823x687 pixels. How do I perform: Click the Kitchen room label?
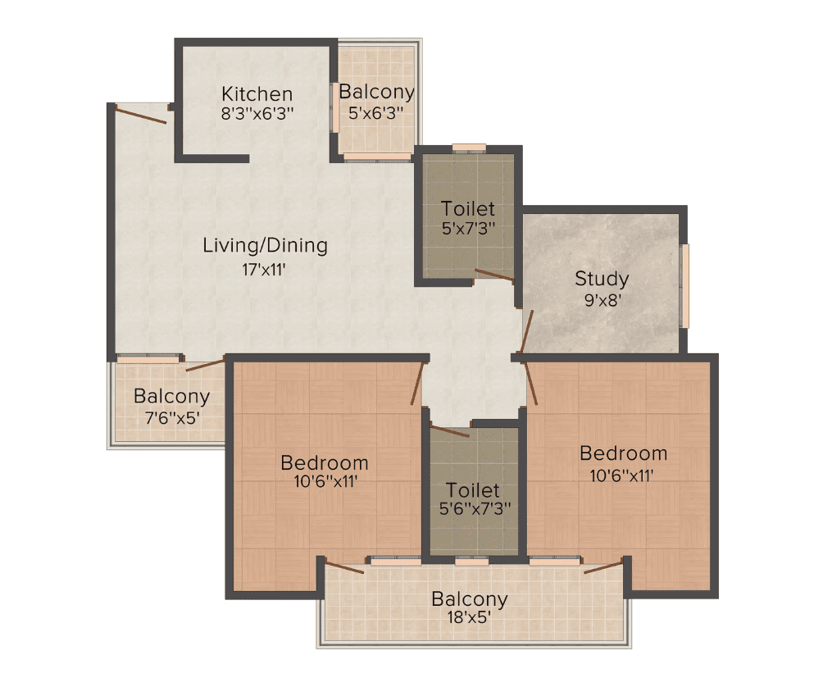(x=257, y=94)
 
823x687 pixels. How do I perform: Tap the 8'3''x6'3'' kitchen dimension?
(x=257, y=113)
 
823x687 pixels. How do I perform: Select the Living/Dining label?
(x=265, y=246)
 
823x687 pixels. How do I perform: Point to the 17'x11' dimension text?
(x=263, y=270)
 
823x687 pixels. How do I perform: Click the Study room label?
(x=602, y=279)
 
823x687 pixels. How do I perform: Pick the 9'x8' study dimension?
(x=603, y=301)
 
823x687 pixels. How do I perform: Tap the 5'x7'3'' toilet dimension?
(x=468, y=229)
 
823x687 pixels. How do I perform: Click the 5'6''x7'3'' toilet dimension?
(x=475, y=508)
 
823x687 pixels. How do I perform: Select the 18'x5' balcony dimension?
(x=469, y=617)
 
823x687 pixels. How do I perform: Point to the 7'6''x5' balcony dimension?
(x=171, y=418)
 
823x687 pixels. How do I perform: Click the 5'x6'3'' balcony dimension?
(x=375, y=112)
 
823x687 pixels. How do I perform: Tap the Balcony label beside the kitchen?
(x=376, y=92)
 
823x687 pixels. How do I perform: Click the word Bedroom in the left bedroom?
(x=325, y=462)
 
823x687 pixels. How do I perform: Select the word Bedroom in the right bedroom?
(x=624, y=453)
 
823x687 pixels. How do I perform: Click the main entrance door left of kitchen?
(x=141, y=115)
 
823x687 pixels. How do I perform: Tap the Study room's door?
(x=527, y=331)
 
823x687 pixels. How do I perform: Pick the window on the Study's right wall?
(x=685, y=286)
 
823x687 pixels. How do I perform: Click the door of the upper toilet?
(x=493, y=275)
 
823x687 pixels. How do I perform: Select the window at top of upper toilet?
(x=469, y=148)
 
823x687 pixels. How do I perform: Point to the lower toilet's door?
(x=449, y=431)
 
